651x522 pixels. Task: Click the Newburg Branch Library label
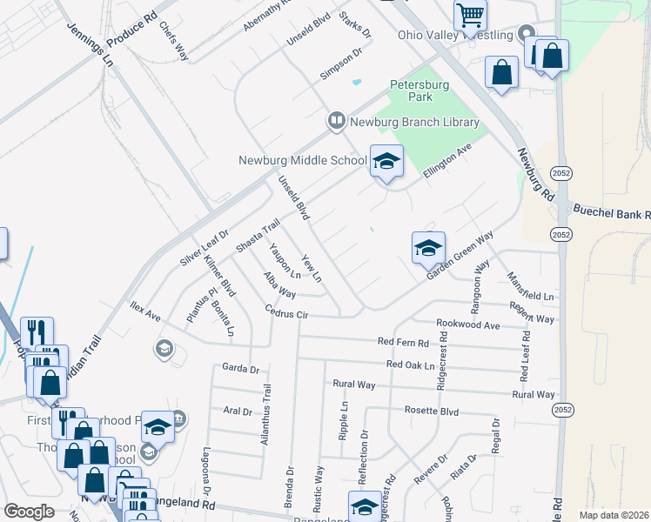pos(414,122)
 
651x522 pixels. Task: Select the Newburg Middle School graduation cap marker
pos(386,161)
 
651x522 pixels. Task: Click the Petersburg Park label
pos(419,91)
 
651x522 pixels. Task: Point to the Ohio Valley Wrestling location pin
pos(525,35)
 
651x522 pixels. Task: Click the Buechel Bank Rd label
pos(612,213)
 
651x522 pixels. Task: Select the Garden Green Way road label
pos(460,256)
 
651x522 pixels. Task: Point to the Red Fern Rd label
pos(403,343)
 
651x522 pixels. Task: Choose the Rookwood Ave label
pos(468,325)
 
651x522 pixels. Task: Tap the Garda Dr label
pos(241,368)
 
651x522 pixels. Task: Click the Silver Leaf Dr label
pos(204,248)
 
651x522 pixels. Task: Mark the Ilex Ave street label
pos(145,311)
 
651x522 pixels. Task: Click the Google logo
pos(30,512)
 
